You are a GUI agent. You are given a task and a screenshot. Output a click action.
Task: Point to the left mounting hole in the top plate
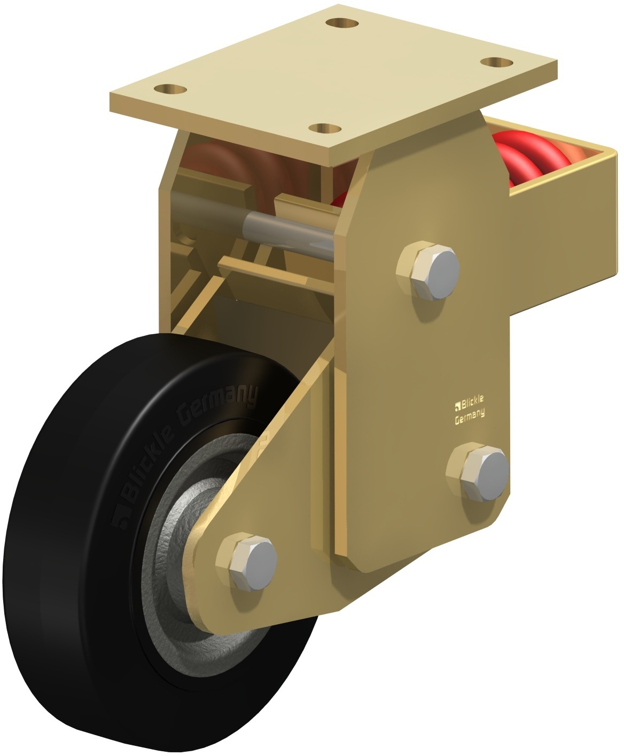[170, 89]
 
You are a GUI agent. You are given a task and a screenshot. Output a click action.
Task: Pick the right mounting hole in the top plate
[497, 62]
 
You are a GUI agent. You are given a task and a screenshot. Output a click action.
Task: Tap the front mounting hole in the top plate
[325, 129]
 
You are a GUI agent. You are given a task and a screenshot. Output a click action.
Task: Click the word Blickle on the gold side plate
[472, 402]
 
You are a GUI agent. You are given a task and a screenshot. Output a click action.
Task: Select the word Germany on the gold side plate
[470, 416]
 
